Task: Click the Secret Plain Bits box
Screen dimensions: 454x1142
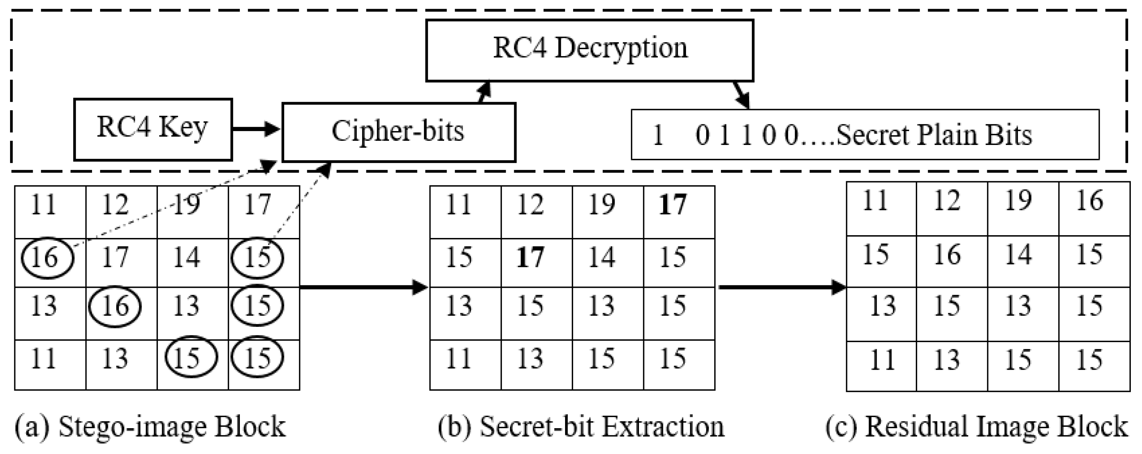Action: point(865,134)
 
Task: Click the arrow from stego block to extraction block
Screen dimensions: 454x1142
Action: point(364,287)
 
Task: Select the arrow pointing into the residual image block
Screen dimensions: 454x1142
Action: point(783,287)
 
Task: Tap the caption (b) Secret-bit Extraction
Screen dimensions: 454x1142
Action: point(581,427)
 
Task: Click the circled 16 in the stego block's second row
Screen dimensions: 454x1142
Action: point(47,258)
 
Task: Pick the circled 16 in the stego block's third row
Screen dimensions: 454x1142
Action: point(115,306)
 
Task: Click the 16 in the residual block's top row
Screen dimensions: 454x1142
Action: point(1090,201)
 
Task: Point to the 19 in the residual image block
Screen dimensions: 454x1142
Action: point(1018,201)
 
